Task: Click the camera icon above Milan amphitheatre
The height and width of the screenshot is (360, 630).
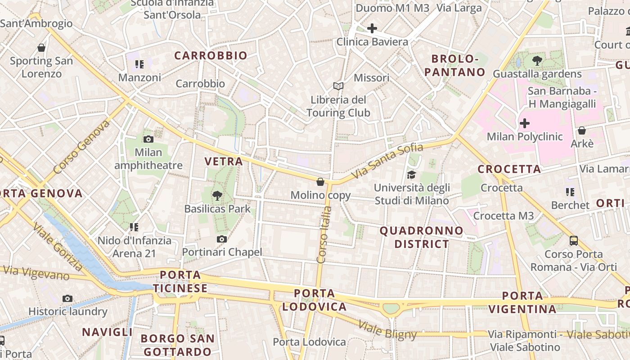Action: pos(148,139)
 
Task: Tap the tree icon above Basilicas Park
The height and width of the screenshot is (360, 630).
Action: pos(217,195)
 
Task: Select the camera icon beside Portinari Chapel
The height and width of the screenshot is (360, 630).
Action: pos(221,239)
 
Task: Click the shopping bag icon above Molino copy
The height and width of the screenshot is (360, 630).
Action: pos(320,182)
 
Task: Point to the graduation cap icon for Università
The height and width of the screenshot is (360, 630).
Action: pos(411,175)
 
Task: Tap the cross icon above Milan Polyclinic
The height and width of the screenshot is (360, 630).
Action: pos(524,123)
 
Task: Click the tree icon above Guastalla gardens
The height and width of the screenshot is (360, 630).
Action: pos(537,60)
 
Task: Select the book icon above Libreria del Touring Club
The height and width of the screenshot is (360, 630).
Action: pos(338,86)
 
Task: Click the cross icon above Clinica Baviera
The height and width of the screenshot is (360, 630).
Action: pos(372,29)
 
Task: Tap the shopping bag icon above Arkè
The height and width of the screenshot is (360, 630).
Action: pos(582,130)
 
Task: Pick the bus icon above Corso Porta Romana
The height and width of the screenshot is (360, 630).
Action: pos(574,240)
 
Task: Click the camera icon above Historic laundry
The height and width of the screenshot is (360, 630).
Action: pos(67,298)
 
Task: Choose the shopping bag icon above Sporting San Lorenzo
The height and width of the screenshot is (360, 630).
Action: pos(41,48)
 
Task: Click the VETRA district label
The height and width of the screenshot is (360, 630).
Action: pos(224,161)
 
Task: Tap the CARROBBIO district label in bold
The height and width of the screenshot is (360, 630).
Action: pos(211,55)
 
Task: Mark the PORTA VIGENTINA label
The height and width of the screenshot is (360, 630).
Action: pos(522,302)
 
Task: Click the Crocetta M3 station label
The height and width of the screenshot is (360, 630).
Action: pos(504,216)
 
